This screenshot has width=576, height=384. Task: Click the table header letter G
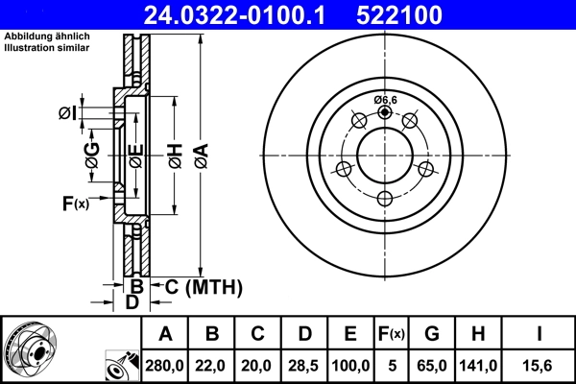[x=432, y=334]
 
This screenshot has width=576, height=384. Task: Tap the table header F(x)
[x=392, y=334]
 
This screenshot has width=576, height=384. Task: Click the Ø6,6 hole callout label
[x=386, y=99]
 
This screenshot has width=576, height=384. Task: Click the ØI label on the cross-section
[x=68, y=114]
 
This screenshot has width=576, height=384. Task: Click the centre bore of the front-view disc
[x=385, y=156]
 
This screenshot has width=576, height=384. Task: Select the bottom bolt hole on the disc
[x=385, y=199]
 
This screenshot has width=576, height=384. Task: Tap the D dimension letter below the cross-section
[x=133, y=302]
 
